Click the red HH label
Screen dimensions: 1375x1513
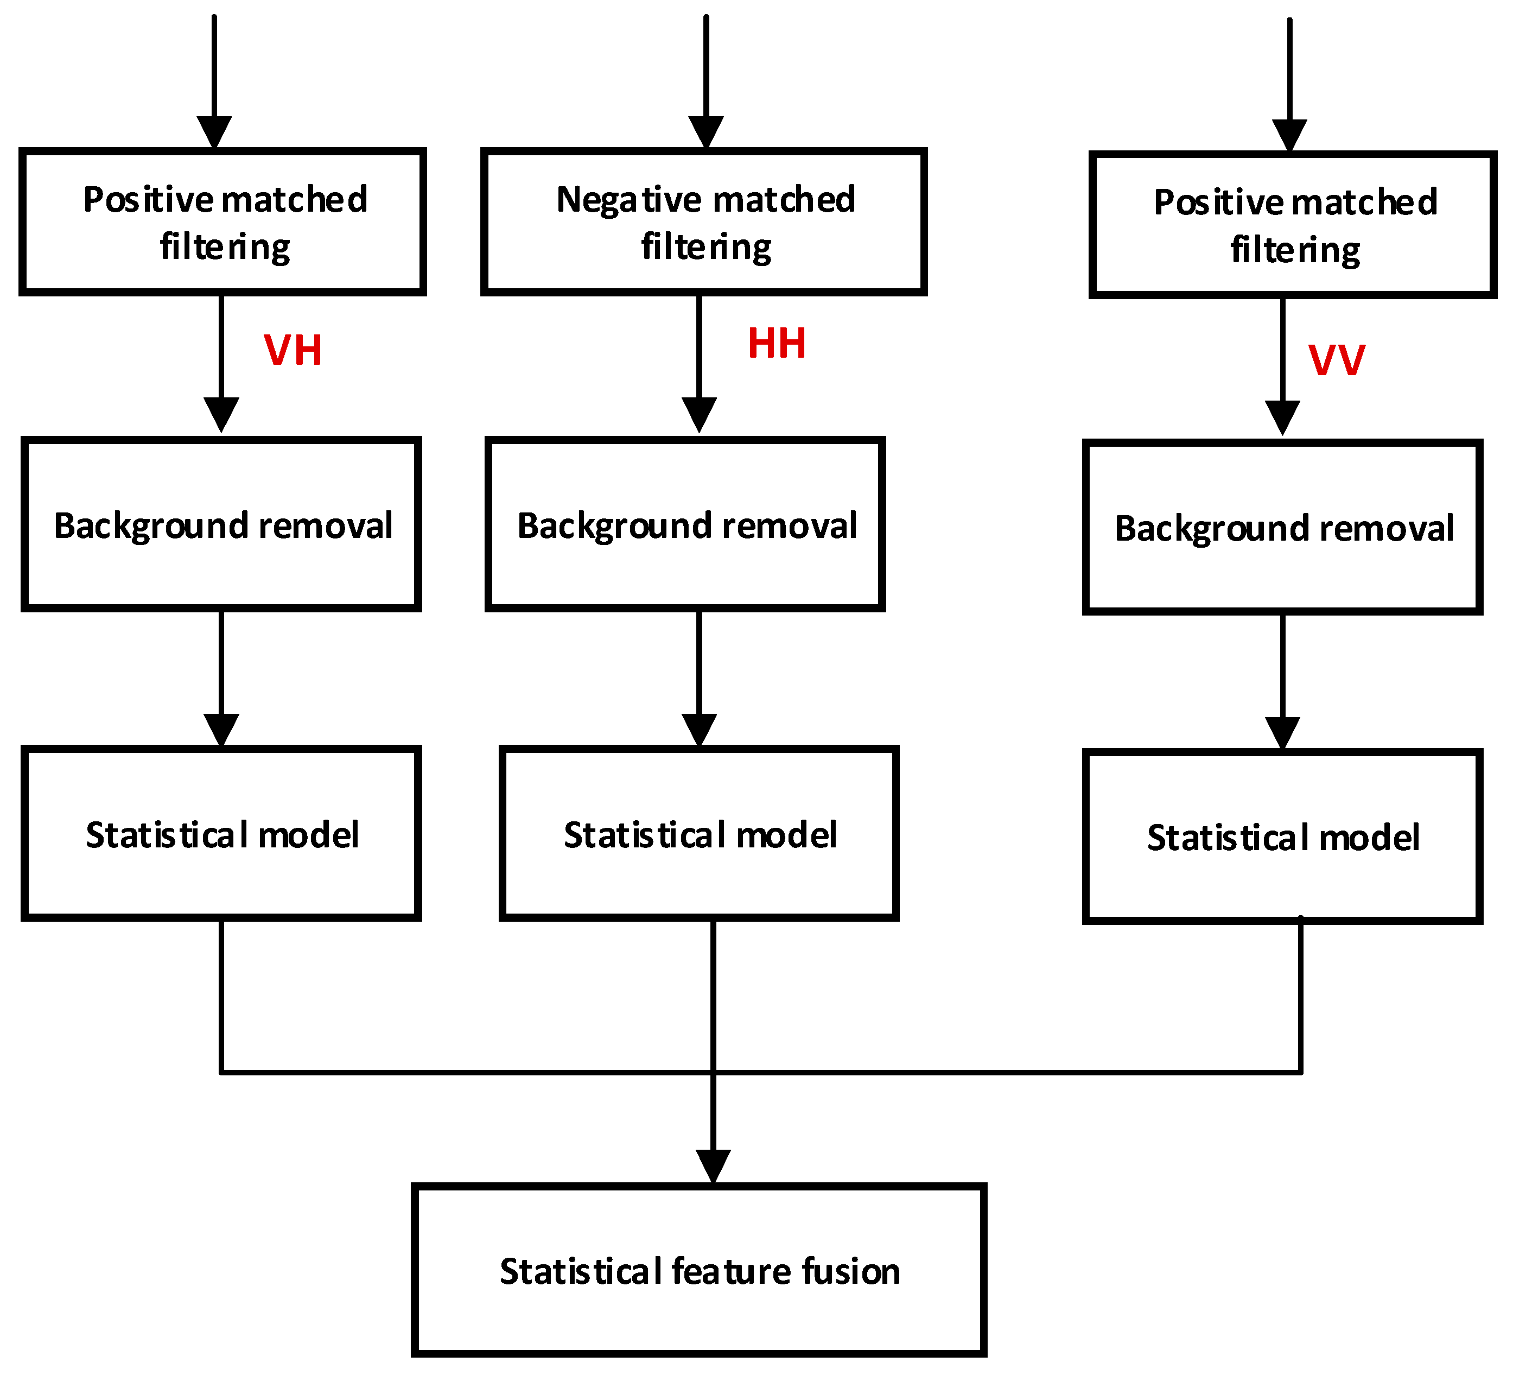[777, 344]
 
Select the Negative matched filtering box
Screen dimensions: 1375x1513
[704, 222]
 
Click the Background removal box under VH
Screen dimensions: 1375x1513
[221, 524]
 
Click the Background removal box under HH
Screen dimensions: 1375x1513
[685, 524]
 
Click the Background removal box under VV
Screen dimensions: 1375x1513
[1282, 528]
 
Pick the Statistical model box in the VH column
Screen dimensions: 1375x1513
[221, 834]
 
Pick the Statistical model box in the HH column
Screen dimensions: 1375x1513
[699, 834]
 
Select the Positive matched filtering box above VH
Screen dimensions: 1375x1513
[223, 222]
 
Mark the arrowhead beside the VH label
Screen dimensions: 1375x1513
[221, 414]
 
